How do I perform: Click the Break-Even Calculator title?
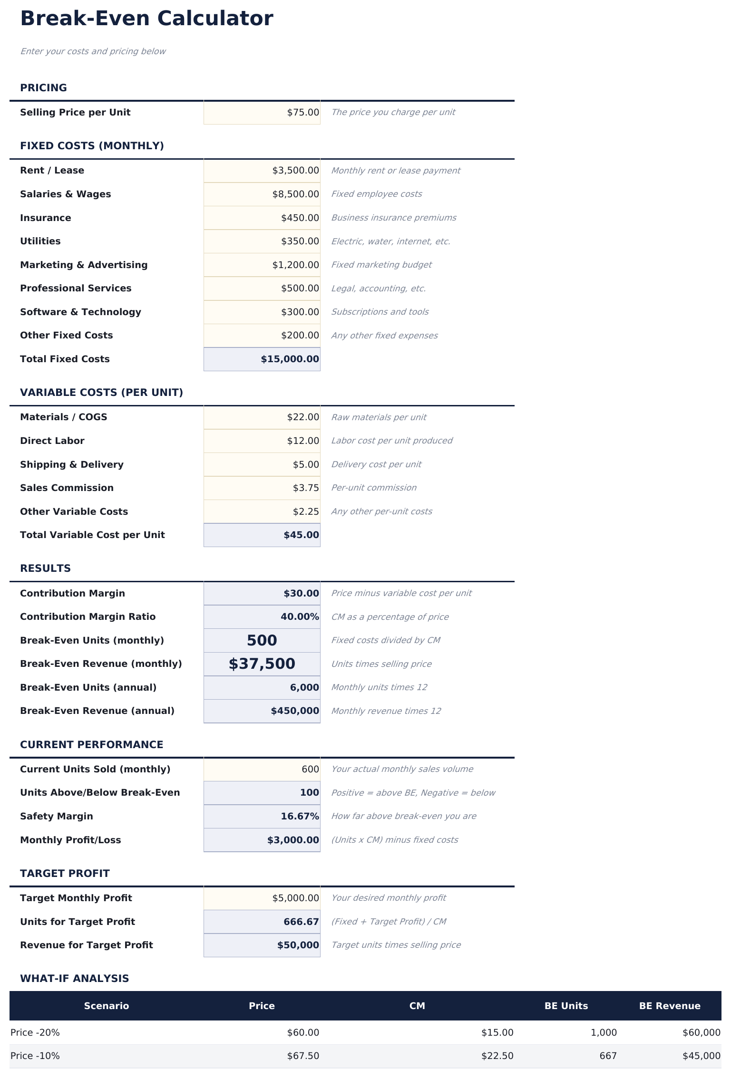tap(146, 19)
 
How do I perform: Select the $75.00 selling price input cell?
tap(262, 113)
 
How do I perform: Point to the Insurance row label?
tap(46, 218)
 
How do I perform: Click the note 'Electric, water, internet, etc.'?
tap(390, 241)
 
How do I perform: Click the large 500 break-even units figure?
tap(262, 641)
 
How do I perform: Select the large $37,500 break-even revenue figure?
tap(262, 664)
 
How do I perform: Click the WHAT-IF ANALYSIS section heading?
tap(75, 979)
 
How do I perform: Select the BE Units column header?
tap(566, 1006)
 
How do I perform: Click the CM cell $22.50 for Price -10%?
tap(497, 1056)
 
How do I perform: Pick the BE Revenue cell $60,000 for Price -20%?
tap(701, 1033)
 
